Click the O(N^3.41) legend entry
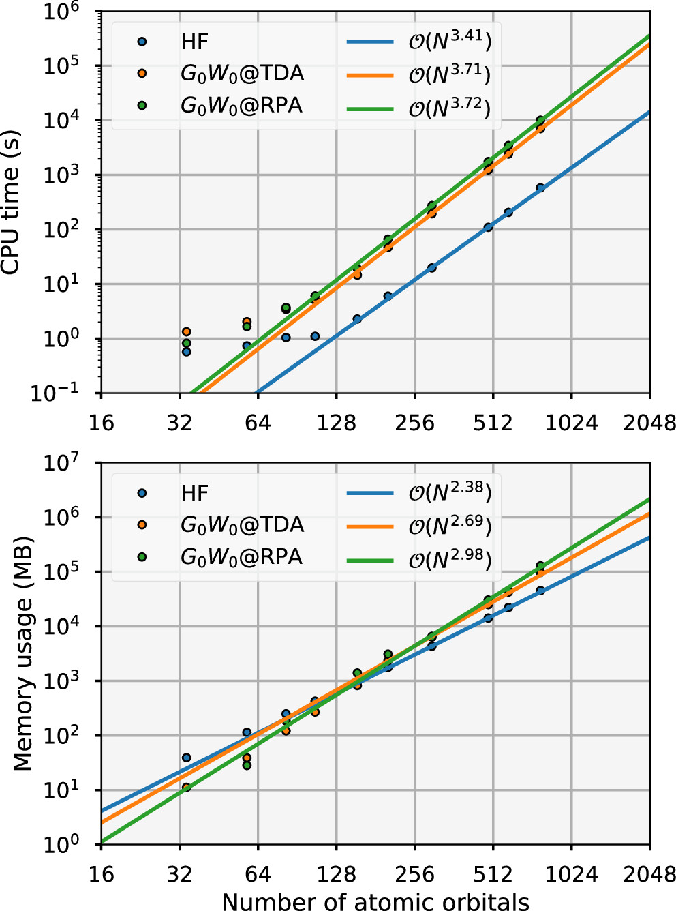click(x=450, y=41)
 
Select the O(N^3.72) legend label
click(x=450, y=108)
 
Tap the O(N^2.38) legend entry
click(x=450, y=492)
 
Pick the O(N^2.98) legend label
click(x=450, y=559)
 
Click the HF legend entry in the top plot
click(x=195, y=42)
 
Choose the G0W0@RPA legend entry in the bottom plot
click(x=241, y=557)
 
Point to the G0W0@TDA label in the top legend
click(x=242, y=74)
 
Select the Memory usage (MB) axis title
click(x=24, y=654)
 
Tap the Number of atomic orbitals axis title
click(x=375, y=901)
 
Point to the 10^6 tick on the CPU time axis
click(x=61, y=12)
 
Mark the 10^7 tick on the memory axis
click(x=61, y=464)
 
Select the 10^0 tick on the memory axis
click(x=61, y=845)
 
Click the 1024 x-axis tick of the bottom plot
click(x=571, y=875)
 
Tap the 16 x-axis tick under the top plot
click(x=101, y=423)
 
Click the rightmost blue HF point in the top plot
click(x=540, y=188)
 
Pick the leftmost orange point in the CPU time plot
click(x=186, y=331)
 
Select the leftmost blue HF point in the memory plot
click(x=186, y=758)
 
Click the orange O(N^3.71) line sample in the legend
click(x=370, y=74)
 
